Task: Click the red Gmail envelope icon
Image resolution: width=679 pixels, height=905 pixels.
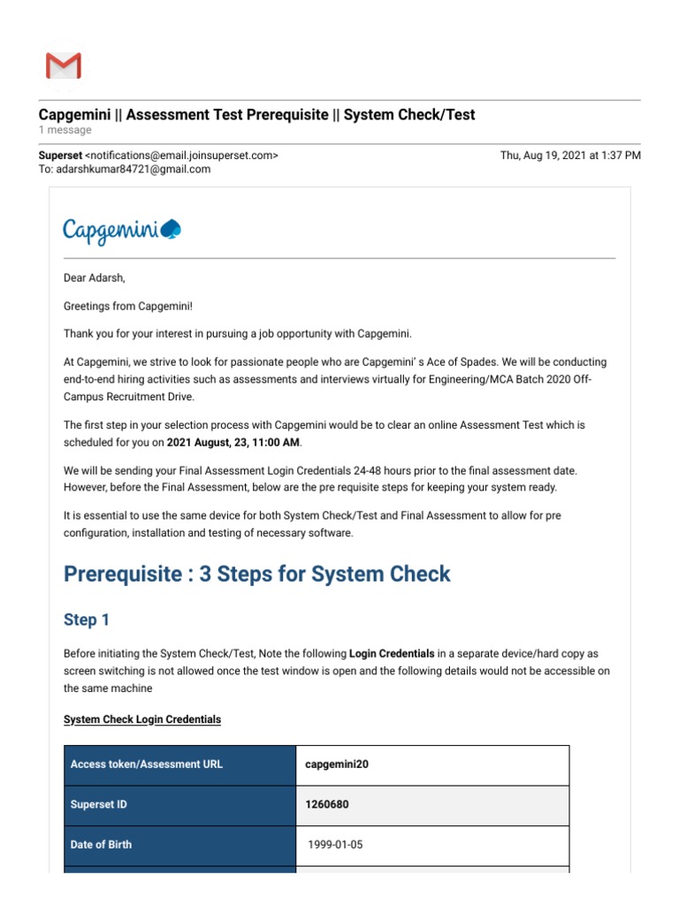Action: tap(63, 66)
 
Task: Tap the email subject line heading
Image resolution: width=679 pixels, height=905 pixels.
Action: tap(256, 115)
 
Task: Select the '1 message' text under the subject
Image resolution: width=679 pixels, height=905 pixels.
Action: tap(65, 131)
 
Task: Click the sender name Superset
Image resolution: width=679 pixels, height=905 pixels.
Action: tap(59, 156)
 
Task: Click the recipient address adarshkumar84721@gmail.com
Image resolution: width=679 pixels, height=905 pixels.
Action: tap(134, 170)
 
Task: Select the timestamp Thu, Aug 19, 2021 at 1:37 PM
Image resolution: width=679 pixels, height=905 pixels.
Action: tap(570, 156)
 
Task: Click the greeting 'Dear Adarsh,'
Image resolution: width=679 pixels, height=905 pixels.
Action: tap(95, 278)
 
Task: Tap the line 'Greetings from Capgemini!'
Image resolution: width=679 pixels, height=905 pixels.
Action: tap(127, 306)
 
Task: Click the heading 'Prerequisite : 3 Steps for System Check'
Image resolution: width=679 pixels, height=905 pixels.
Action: tap(256, 574)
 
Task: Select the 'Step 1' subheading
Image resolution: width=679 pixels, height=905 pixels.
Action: tap(87, 620)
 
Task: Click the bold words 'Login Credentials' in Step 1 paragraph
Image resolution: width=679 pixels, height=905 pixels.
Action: tap(392, 654)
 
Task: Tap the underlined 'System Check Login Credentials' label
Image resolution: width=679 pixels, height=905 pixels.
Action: tap(142, 719)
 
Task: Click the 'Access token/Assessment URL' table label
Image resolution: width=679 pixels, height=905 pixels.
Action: tap(147, 764)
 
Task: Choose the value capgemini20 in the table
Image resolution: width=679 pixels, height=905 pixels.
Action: tap(337, 764)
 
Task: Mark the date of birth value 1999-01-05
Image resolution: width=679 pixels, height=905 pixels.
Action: tap(335, 845)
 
